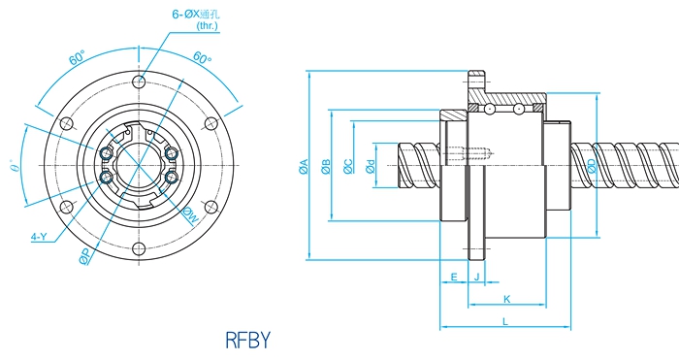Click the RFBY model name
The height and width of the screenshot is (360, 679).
[x=247, y=340]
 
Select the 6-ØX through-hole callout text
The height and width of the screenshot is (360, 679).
[x=196, y=19]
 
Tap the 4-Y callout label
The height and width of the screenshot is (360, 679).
[x=39, y=237]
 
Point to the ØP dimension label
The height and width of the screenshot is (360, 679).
[x=85, y=256]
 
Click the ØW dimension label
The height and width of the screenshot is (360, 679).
[x=190, y=215]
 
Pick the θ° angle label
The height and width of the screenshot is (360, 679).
[x=16, y=166]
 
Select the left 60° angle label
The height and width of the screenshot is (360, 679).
[x=77, y=57]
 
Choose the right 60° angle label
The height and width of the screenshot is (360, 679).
[x=202, y=57]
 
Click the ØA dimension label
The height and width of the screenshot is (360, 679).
[x=304, y=167]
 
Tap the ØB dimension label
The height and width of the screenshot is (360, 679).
[x=326, y=167]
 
